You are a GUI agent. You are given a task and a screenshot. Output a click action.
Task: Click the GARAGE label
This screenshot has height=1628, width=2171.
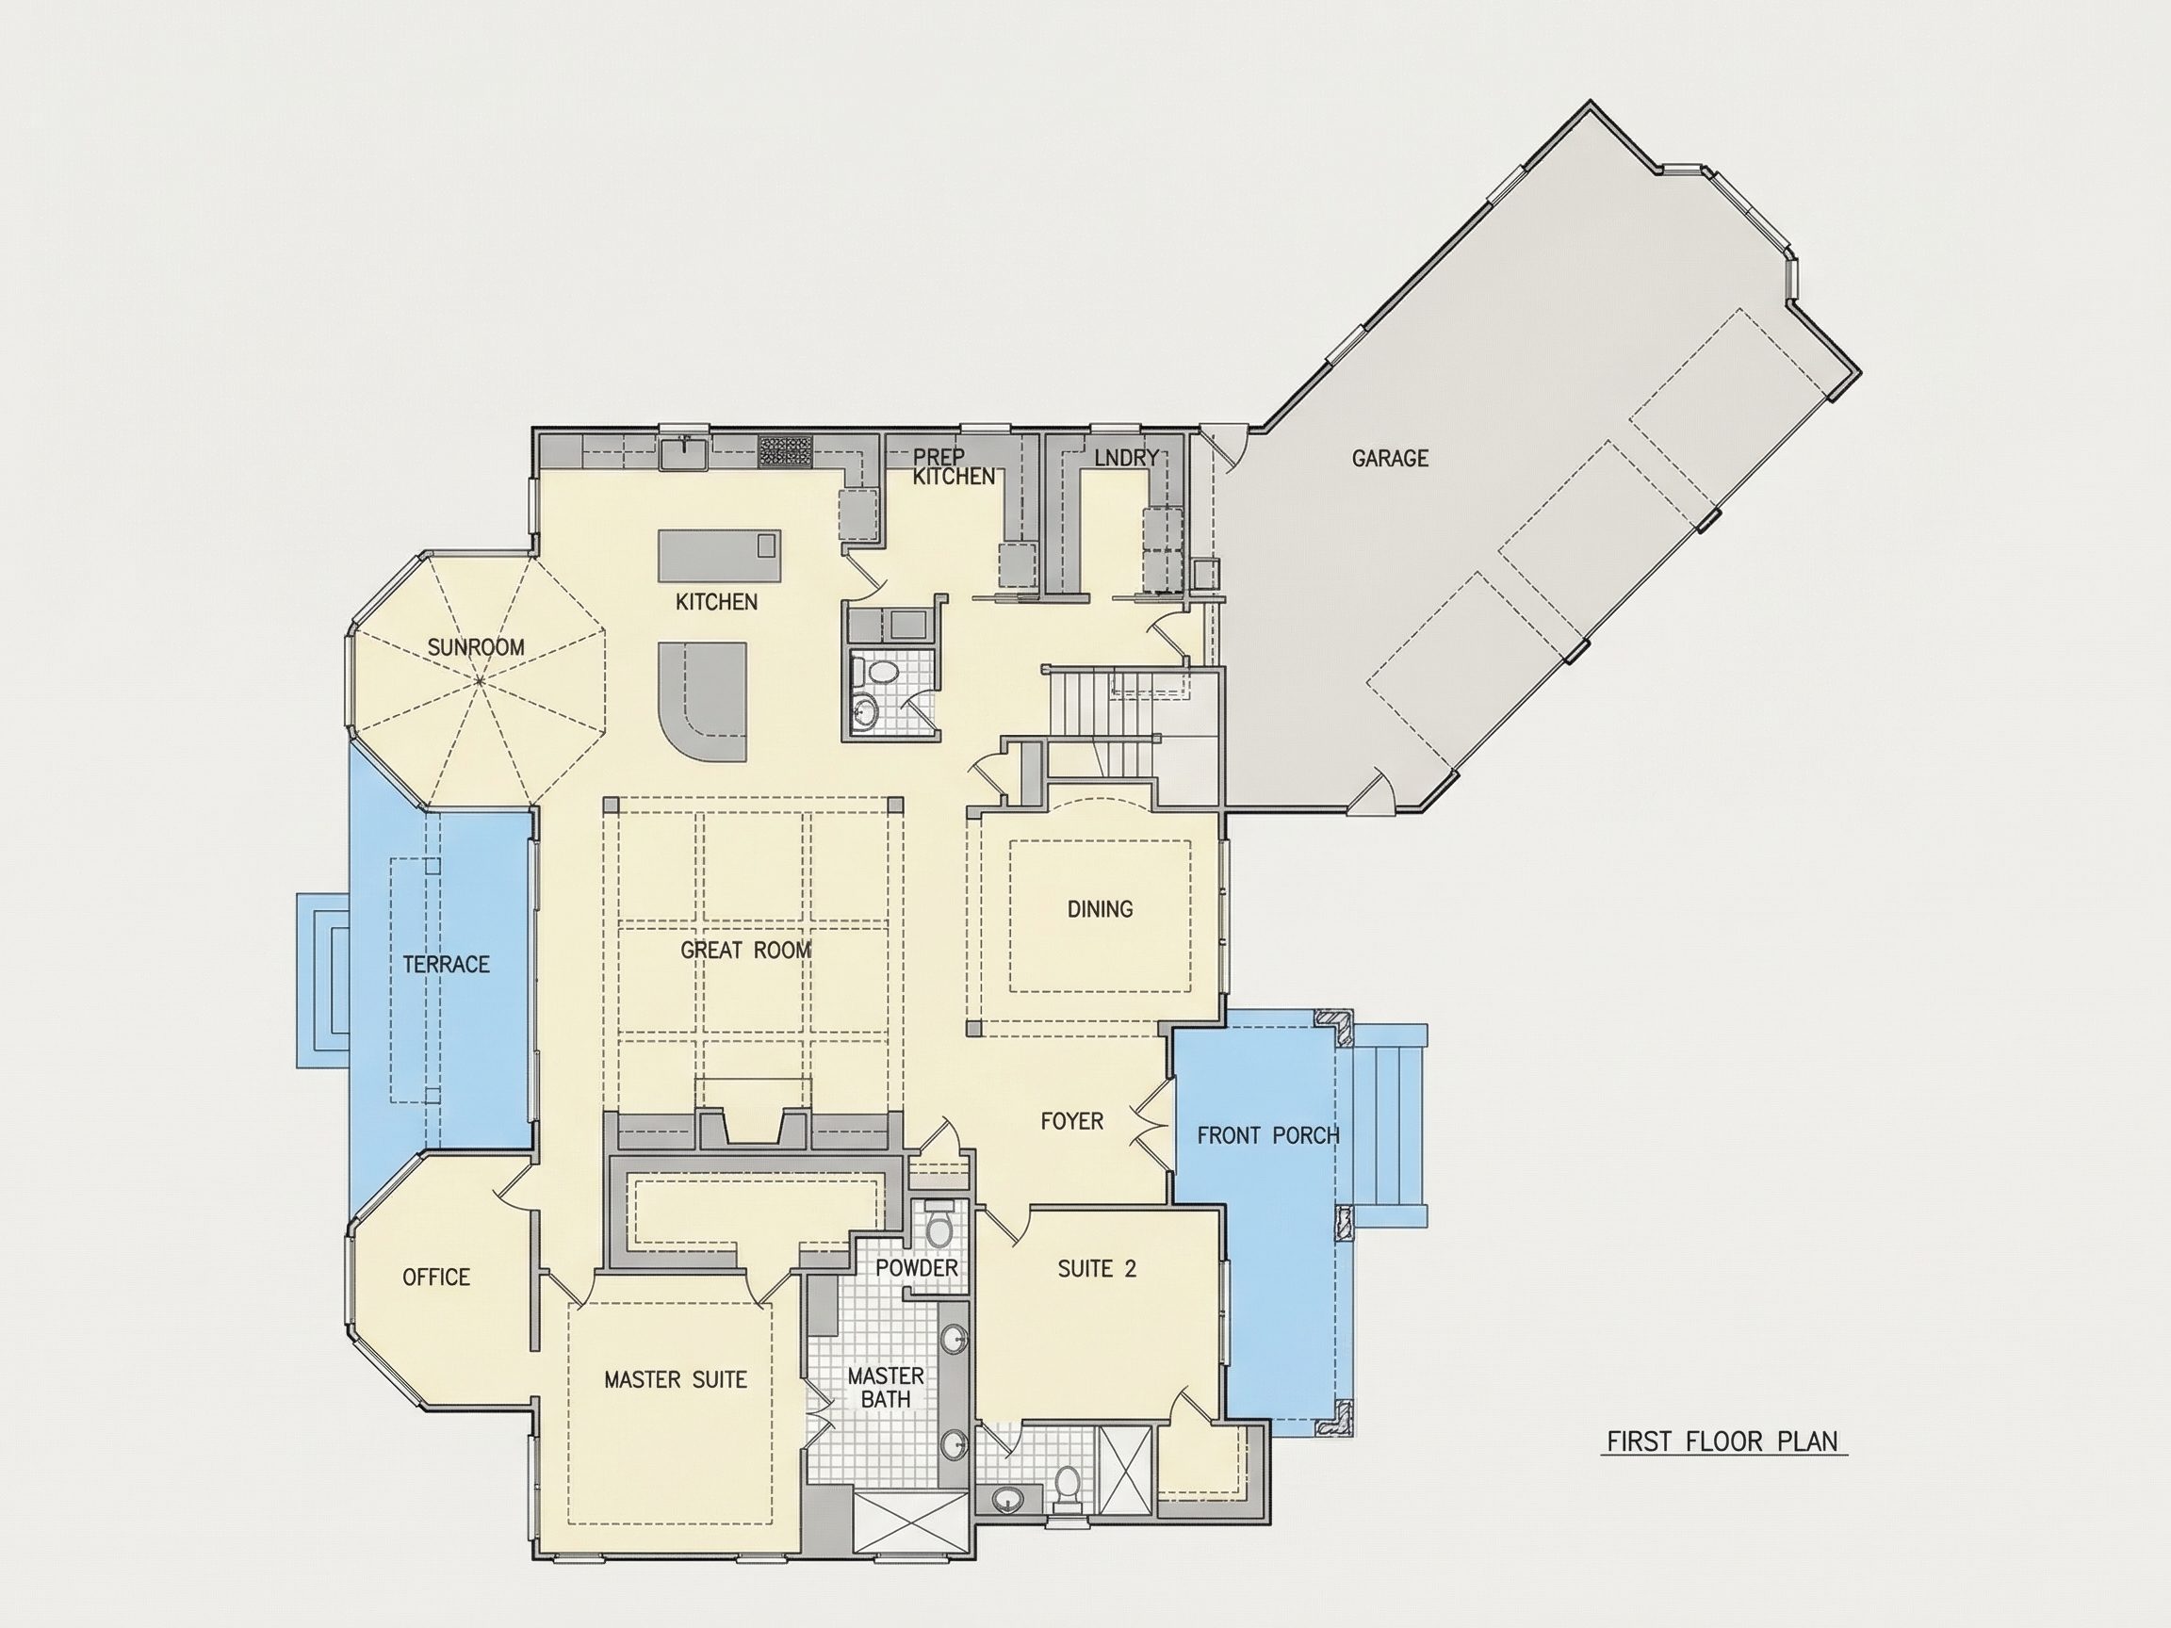pyautogui.click(x=1390, y=458)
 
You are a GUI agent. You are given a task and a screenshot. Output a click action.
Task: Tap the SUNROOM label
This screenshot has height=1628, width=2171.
pyautogui.click(x=476, y=647)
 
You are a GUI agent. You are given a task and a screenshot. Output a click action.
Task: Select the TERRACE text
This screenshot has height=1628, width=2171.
pyautogui.click(x=447, y=965)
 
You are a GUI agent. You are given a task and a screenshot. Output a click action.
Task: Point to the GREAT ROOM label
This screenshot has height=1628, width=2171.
pyautogui.click(x=746, y=950)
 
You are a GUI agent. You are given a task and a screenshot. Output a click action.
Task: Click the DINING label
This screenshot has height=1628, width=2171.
pyautogui.click(x=1101, y=910)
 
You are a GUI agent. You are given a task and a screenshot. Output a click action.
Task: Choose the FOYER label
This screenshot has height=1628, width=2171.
pyautogui.click(x=1071, y=1120)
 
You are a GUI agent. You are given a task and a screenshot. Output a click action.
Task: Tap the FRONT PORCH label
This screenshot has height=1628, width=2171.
pyautogui.click(x=1268, y=1135)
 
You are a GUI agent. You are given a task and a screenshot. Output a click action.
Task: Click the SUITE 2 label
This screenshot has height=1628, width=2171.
pyautogui.click(x=1097, y=1269)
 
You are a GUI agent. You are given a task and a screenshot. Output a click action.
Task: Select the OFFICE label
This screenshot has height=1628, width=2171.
pyautogui.click(x=437, y=1277)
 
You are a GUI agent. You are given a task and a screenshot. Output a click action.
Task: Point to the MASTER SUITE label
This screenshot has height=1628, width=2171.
pyautogui.click(x=676, y=1379)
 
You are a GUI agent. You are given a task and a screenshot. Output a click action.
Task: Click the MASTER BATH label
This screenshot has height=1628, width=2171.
pyautogui.click(x=887, y=1388)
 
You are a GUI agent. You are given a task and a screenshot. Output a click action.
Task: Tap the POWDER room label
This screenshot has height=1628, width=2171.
pyautogui.click(x=917, y=1268)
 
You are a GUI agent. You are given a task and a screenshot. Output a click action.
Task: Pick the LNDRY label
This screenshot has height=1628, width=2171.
pyautogui.click(x=1127, y=457)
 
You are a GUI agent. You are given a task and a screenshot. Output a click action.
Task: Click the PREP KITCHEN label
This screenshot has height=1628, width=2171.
pyautogui.click(x=953, y=467)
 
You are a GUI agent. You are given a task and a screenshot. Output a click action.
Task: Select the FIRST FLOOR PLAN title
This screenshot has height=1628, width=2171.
pyautogui.click(x=1722, y=1441)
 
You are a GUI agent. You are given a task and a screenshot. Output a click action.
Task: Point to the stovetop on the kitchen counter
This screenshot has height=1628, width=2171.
pyautogui.click(x=785, y=449)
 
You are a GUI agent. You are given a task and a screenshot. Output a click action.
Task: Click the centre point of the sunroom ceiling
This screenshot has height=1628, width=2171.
pyautogui.click(x=479, y=680)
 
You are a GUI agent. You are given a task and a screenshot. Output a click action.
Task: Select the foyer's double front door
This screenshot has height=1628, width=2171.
pyautogui.click(x=1153, y=1119)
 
